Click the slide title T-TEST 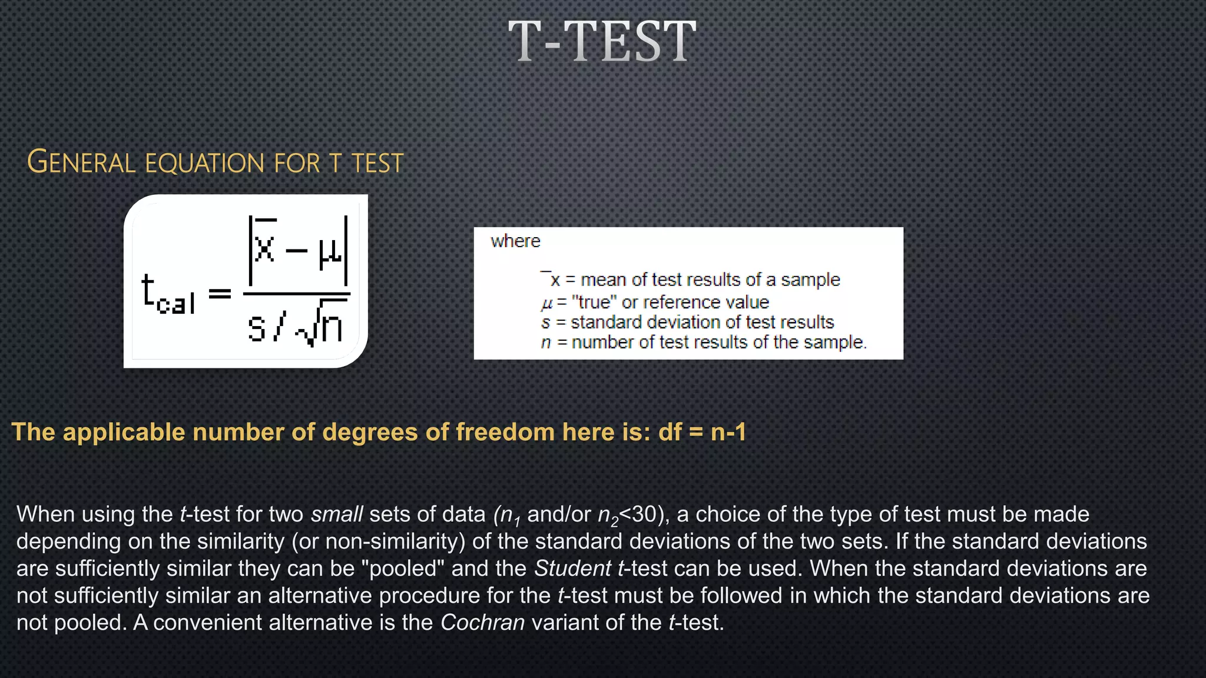(602, 41)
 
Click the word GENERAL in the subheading (81, 162)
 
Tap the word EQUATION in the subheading (204, 163)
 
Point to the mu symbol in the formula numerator (330, 252)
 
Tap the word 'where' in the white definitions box (515, 241)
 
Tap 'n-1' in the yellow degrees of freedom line (728, 432)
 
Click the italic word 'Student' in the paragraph (572, 569)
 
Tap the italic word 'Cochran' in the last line (482, 623)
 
